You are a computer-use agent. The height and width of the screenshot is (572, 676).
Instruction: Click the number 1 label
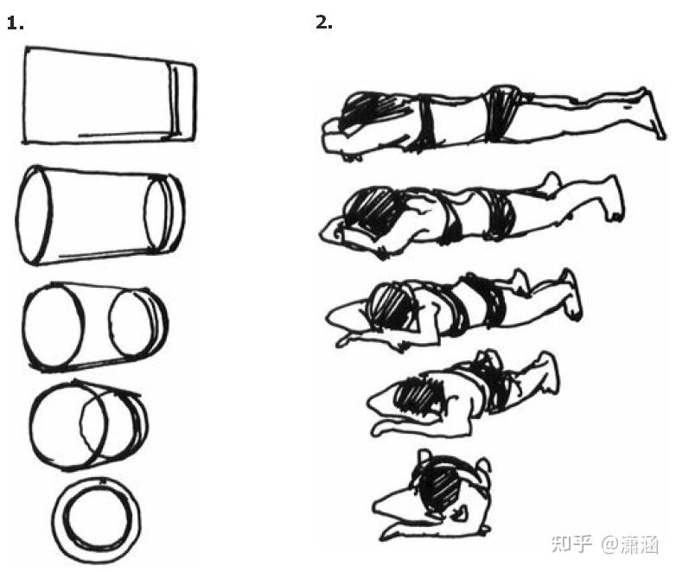pos(15,22)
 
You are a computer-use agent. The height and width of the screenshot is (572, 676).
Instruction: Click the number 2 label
pos(324,22)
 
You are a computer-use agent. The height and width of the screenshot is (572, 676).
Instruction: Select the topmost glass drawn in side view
pos(110,96)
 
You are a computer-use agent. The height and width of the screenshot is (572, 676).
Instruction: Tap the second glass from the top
pos(101,214)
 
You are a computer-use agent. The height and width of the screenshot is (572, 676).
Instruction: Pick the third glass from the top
pos(95,327)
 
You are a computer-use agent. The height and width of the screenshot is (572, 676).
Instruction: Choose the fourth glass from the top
pos(89,425)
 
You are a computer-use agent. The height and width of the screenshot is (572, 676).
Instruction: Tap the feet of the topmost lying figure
pos(651,113)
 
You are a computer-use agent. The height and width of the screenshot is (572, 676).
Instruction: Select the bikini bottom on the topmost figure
pos(502,113)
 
